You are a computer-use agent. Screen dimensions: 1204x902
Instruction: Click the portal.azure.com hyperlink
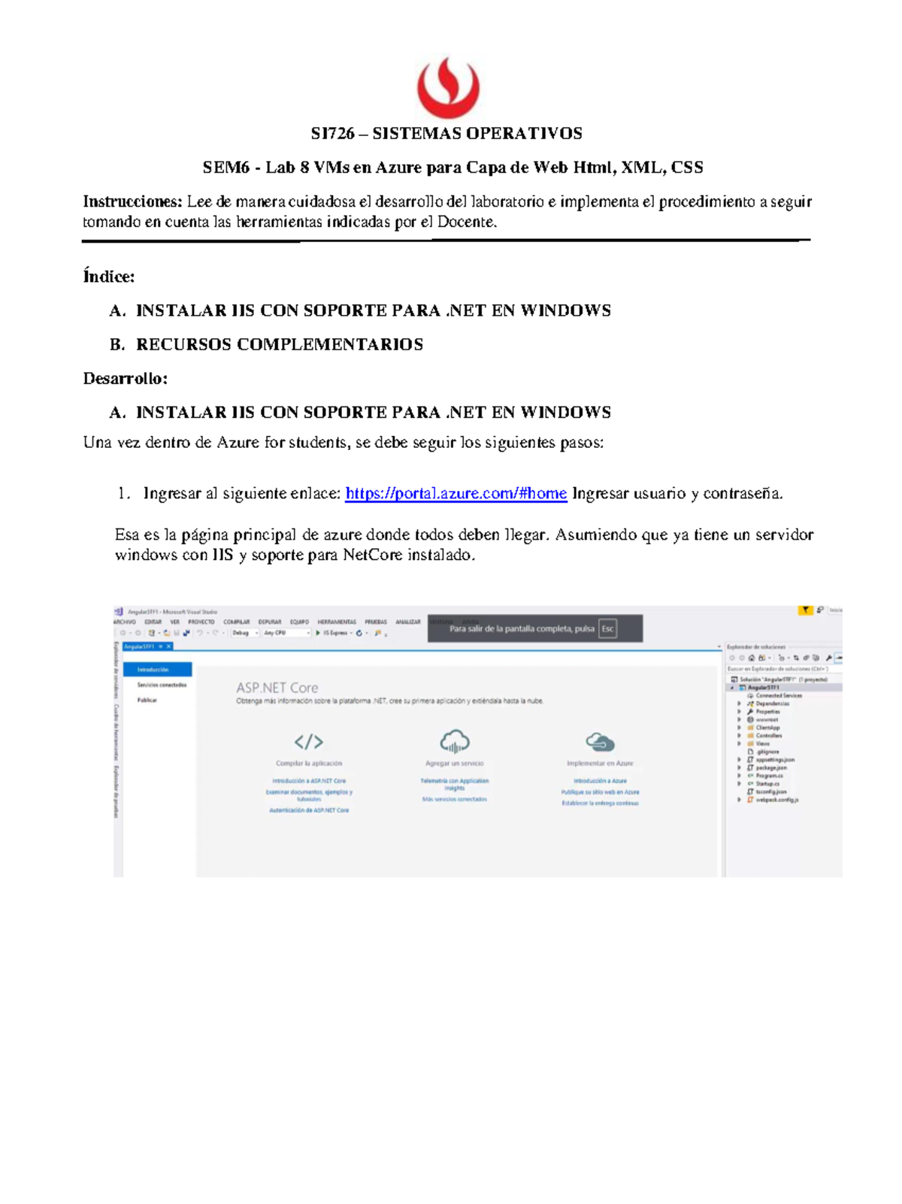click(456, 494)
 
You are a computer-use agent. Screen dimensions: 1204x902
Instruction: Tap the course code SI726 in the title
click(332, 134)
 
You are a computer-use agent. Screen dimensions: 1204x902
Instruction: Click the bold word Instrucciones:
click(132, 201)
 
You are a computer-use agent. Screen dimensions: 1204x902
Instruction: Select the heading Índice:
click(109, 277)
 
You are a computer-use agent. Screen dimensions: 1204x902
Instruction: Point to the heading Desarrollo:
click(125, 378)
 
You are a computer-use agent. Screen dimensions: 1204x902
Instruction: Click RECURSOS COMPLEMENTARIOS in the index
click(279, 344)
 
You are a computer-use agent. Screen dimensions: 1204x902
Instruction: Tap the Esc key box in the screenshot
click(607, 629)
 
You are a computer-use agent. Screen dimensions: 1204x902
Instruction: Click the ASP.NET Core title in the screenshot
click(277, 688)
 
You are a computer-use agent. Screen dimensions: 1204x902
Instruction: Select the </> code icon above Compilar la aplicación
click(308, 743)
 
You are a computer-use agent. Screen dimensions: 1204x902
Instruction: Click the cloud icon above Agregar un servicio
click(454, 741)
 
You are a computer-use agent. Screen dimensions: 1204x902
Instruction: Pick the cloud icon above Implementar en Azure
click(600, 743)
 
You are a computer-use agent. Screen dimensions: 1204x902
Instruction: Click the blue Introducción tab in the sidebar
click(156, 669)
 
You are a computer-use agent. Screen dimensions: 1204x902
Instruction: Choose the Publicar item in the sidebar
click(147, 700)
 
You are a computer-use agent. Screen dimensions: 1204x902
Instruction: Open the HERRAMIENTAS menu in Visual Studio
click(337, 622)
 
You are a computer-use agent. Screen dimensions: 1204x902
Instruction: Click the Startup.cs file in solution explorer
click(767, 783)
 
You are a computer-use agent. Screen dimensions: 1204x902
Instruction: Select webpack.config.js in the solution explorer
click(776, 800)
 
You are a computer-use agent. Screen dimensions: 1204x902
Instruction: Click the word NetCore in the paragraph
click(372, 555)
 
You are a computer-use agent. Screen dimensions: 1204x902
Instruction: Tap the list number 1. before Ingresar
click(124, 494)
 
